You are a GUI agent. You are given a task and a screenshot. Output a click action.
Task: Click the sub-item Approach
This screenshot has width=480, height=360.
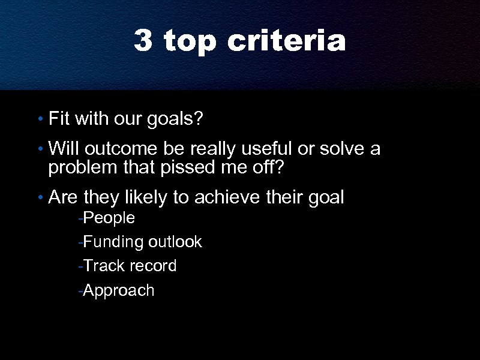pos(118,291)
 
